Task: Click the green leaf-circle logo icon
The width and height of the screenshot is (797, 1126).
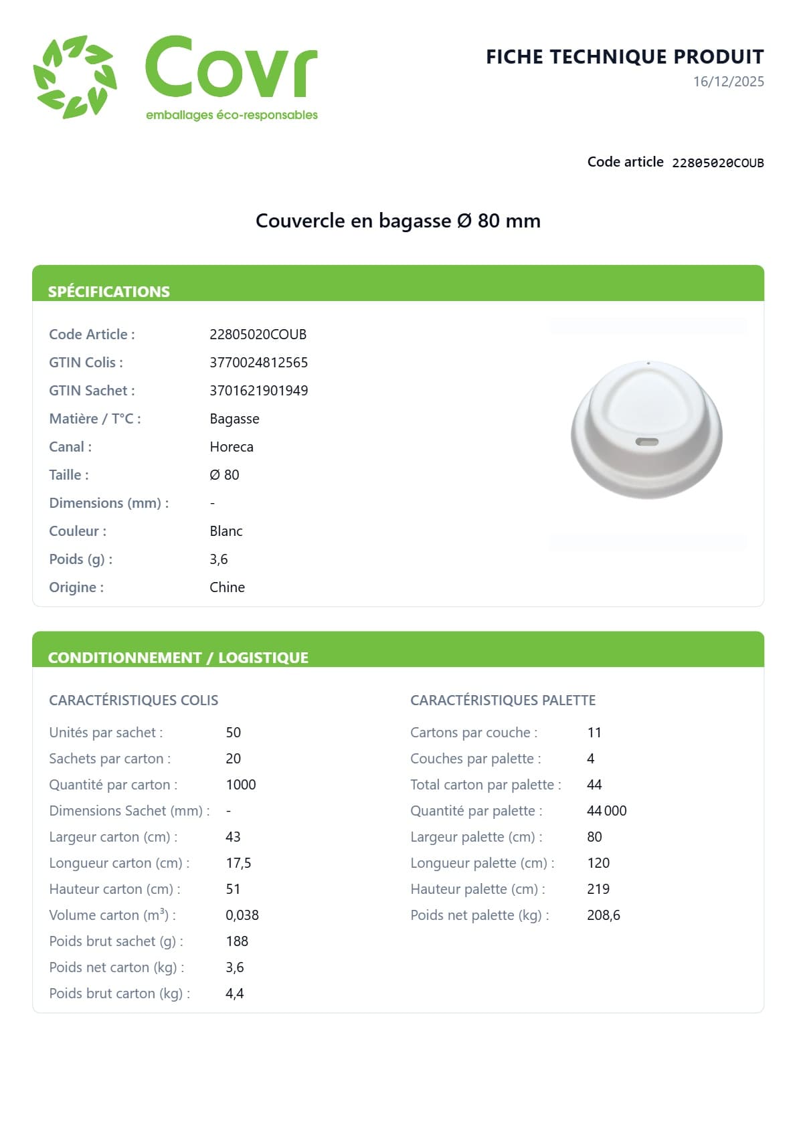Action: (75, 77)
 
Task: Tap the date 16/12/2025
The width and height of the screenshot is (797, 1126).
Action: (728, 82)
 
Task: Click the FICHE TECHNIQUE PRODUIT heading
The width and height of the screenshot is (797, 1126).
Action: (624, 57)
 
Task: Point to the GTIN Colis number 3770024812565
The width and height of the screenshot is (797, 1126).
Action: (258, 363)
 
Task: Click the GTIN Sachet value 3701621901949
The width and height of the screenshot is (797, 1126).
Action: (258, 391)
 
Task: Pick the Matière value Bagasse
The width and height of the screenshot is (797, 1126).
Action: (234, 419)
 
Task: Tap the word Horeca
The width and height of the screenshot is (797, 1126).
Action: (232, 447)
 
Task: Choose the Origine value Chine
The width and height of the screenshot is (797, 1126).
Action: (227, 587)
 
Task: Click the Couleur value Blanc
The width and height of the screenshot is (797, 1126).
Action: (226, 531)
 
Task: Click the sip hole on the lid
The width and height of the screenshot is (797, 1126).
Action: (646, 442)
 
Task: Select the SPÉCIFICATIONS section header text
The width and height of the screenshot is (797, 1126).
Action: (109, 292)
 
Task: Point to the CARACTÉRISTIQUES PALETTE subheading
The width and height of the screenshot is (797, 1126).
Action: (503, 700)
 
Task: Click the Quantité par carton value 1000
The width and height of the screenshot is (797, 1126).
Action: (241, 785)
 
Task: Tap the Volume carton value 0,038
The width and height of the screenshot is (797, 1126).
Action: (242, 915)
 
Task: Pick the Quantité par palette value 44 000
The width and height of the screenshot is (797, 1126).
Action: (606, 811)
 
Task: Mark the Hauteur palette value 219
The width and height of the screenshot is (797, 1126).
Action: (598, 889)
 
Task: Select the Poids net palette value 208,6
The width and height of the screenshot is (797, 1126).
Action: (603, 915)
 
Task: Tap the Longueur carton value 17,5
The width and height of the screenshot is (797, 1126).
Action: (238, 863)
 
